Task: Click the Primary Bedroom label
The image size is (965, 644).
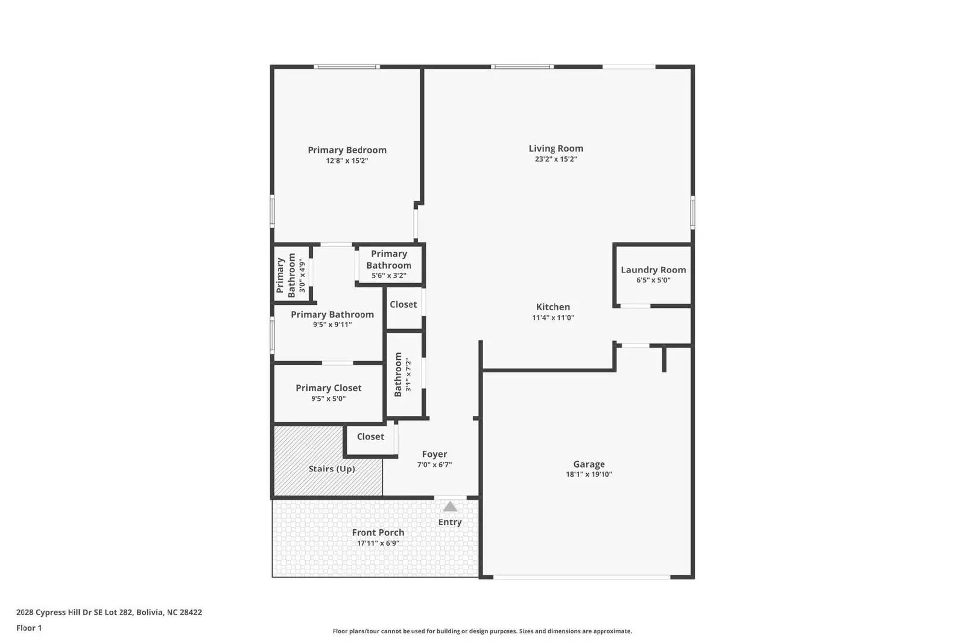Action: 347,150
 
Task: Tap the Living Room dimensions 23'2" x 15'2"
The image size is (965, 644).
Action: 555,159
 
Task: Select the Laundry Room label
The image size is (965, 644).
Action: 653,270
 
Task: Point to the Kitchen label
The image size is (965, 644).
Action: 553,307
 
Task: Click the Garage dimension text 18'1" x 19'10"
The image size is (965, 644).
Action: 589,474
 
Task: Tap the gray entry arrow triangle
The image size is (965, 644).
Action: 450,506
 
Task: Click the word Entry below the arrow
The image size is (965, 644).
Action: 450,522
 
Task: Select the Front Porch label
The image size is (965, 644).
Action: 378,532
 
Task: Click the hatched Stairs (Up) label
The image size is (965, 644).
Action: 332,468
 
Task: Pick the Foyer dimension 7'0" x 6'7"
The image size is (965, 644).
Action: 434,465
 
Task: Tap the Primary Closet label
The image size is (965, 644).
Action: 329,388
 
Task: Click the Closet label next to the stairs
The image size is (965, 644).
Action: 370,436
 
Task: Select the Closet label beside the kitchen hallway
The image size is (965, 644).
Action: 403,304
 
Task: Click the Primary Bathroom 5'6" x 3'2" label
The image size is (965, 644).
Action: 389,264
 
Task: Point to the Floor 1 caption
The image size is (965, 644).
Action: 29,628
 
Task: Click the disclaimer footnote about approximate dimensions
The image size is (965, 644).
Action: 482,631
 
